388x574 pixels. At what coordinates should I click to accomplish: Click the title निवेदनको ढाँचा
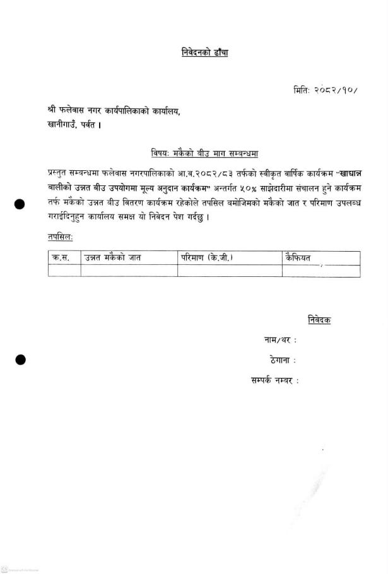coord(201,52)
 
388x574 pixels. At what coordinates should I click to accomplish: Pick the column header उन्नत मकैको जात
coord(113,257)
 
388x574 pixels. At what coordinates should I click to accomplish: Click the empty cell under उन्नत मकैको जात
coord(129,271)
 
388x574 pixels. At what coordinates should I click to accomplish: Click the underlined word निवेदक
coord(319,320)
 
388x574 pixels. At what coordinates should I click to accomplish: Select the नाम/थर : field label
coord(280,341)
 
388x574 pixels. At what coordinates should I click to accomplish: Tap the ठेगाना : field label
coord(282,360)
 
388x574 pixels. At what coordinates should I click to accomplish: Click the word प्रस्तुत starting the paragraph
coord(61,173)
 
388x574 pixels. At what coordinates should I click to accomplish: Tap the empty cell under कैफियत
coord(320,271)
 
